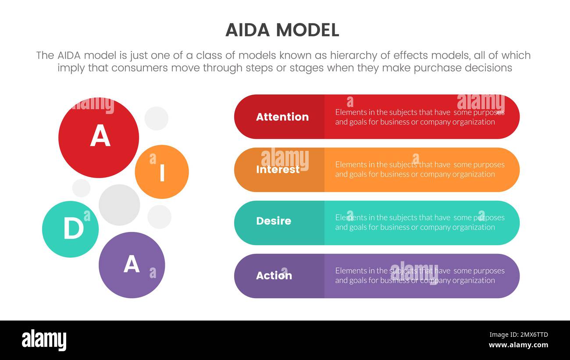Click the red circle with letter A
(x=99, y=137)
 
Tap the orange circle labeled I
(x=162, y=172)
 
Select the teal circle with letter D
(x=71, y=229)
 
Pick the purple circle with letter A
(x=132, y=265)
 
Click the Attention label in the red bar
(x=282, y=117)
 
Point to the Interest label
(x=278, y=170)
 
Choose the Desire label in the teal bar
(x=274, y=221)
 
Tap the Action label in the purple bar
(x=274, y=276)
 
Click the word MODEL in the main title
(x=307, y=30)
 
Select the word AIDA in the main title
(x=249, y=30)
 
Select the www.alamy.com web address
(x=519, y=345)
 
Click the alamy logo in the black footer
(x=44, y=340)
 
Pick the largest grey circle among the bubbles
(x=119, y=205)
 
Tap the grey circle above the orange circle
(x=157, y=118)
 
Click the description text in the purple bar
(x=420, y=276)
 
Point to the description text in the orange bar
(x=420, y=170)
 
